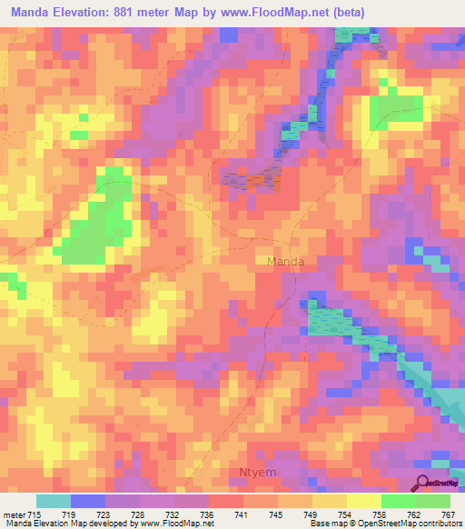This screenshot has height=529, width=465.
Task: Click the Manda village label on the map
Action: click(285, 262)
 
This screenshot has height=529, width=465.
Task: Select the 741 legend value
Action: click(239, 514)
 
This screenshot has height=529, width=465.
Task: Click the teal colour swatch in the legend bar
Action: click(54, 501)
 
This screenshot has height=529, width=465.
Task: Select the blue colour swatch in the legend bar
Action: click(88, 501)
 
